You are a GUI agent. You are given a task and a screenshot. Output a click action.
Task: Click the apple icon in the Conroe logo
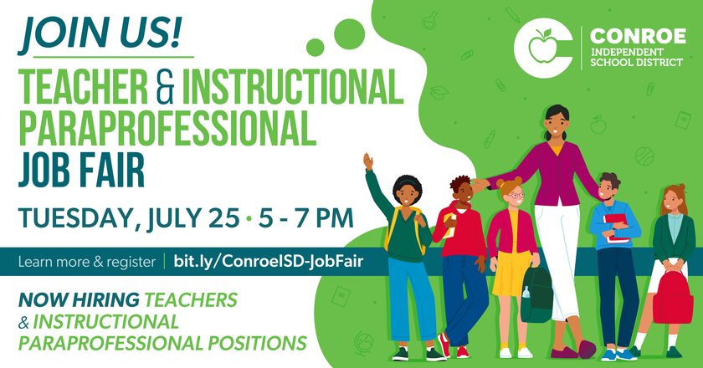click(541, 46)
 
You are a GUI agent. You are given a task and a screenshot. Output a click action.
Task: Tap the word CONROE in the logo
click(638, 36)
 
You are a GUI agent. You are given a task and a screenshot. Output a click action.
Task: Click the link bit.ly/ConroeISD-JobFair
click(268, 261)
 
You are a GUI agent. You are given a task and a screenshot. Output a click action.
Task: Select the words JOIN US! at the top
click(100, 33)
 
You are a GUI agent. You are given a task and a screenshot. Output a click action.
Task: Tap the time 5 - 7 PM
click(305, 217)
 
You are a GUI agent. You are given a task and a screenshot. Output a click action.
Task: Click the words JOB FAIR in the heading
click(81, 170)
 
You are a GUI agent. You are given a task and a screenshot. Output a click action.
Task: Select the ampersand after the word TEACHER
click(165, 88)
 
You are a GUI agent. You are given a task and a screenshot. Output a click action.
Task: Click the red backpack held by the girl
click(672, 297)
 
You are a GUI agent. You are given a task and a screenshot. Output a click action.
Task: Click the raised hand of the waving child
click(368, 161)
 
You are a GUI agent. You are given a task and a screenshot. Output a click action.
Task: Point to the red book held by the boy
click(617, 228)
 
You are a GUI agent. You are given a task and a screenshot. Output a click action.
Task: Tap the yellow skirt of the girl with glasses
click(512, 275)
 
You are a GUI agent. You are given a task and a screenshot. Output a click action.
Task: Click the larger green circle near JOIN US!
click(349, 34)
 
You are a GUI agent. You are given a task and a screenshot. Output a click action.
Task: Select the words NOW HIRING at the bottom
click(79, 300)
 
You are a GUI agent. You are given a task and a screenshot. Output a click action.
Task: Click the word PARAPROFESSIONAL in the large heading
click(167, 129)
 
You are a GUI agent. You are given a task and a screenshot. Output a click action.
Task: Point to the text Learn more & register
click(87, 261)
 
